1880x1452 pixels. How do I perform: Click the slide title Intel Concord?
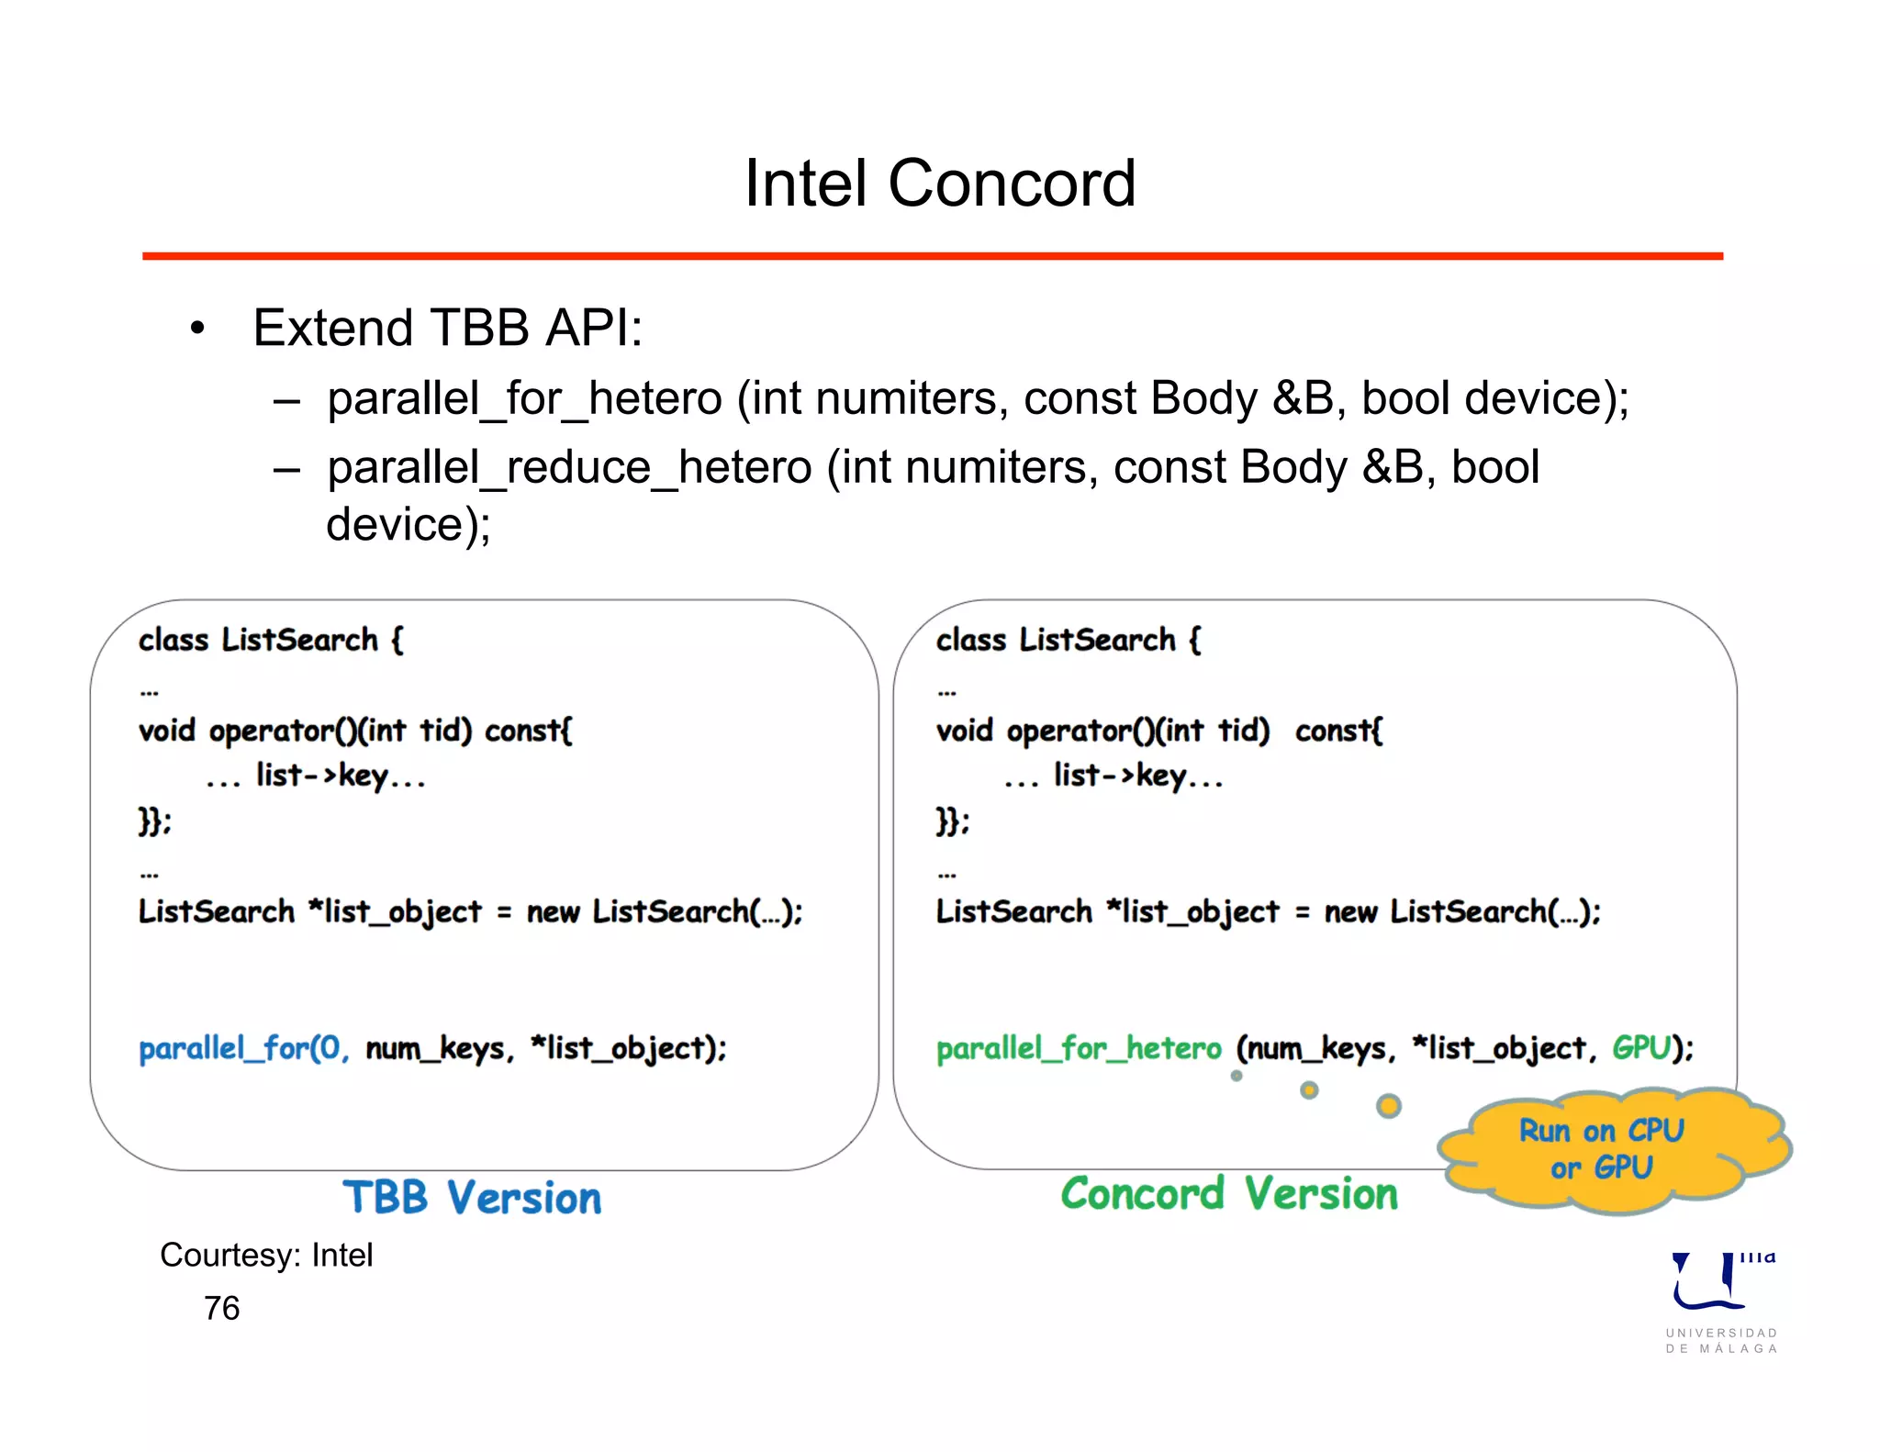[940, 184]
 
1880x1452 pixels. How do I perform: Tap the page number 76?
[221, 1308]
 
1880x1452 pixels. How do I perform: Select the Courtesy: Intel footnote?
[266, 1255]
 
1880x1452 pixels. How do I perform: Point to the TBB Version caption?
[472, 1198]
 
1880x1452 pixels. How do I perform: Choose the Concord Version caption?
[1229, 1194]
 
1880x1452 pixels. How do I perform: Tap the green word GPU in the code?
[1641, 1047]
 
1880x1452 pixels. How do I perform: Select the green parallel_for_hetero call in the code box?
[1079, 1048]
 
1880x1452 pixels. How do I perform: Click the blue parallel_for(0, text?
[243, 1048]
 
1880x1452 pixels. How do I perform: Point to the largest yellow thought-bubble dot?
[1389, 1106]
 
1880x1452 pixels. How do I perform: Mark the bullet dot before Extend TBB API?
[197, 329]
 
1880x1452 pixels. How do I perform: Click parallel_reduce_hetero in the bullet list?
[569, 467]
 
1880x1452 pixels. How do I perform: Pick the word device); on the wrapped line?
[408, 525]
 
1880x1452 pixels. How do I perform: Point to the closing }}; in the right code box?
[952, 821]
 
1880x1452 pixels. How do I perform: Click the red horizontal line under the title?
[933, 256]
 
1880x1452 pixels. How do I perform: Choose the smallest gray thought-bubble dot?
[1237, 1076]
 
